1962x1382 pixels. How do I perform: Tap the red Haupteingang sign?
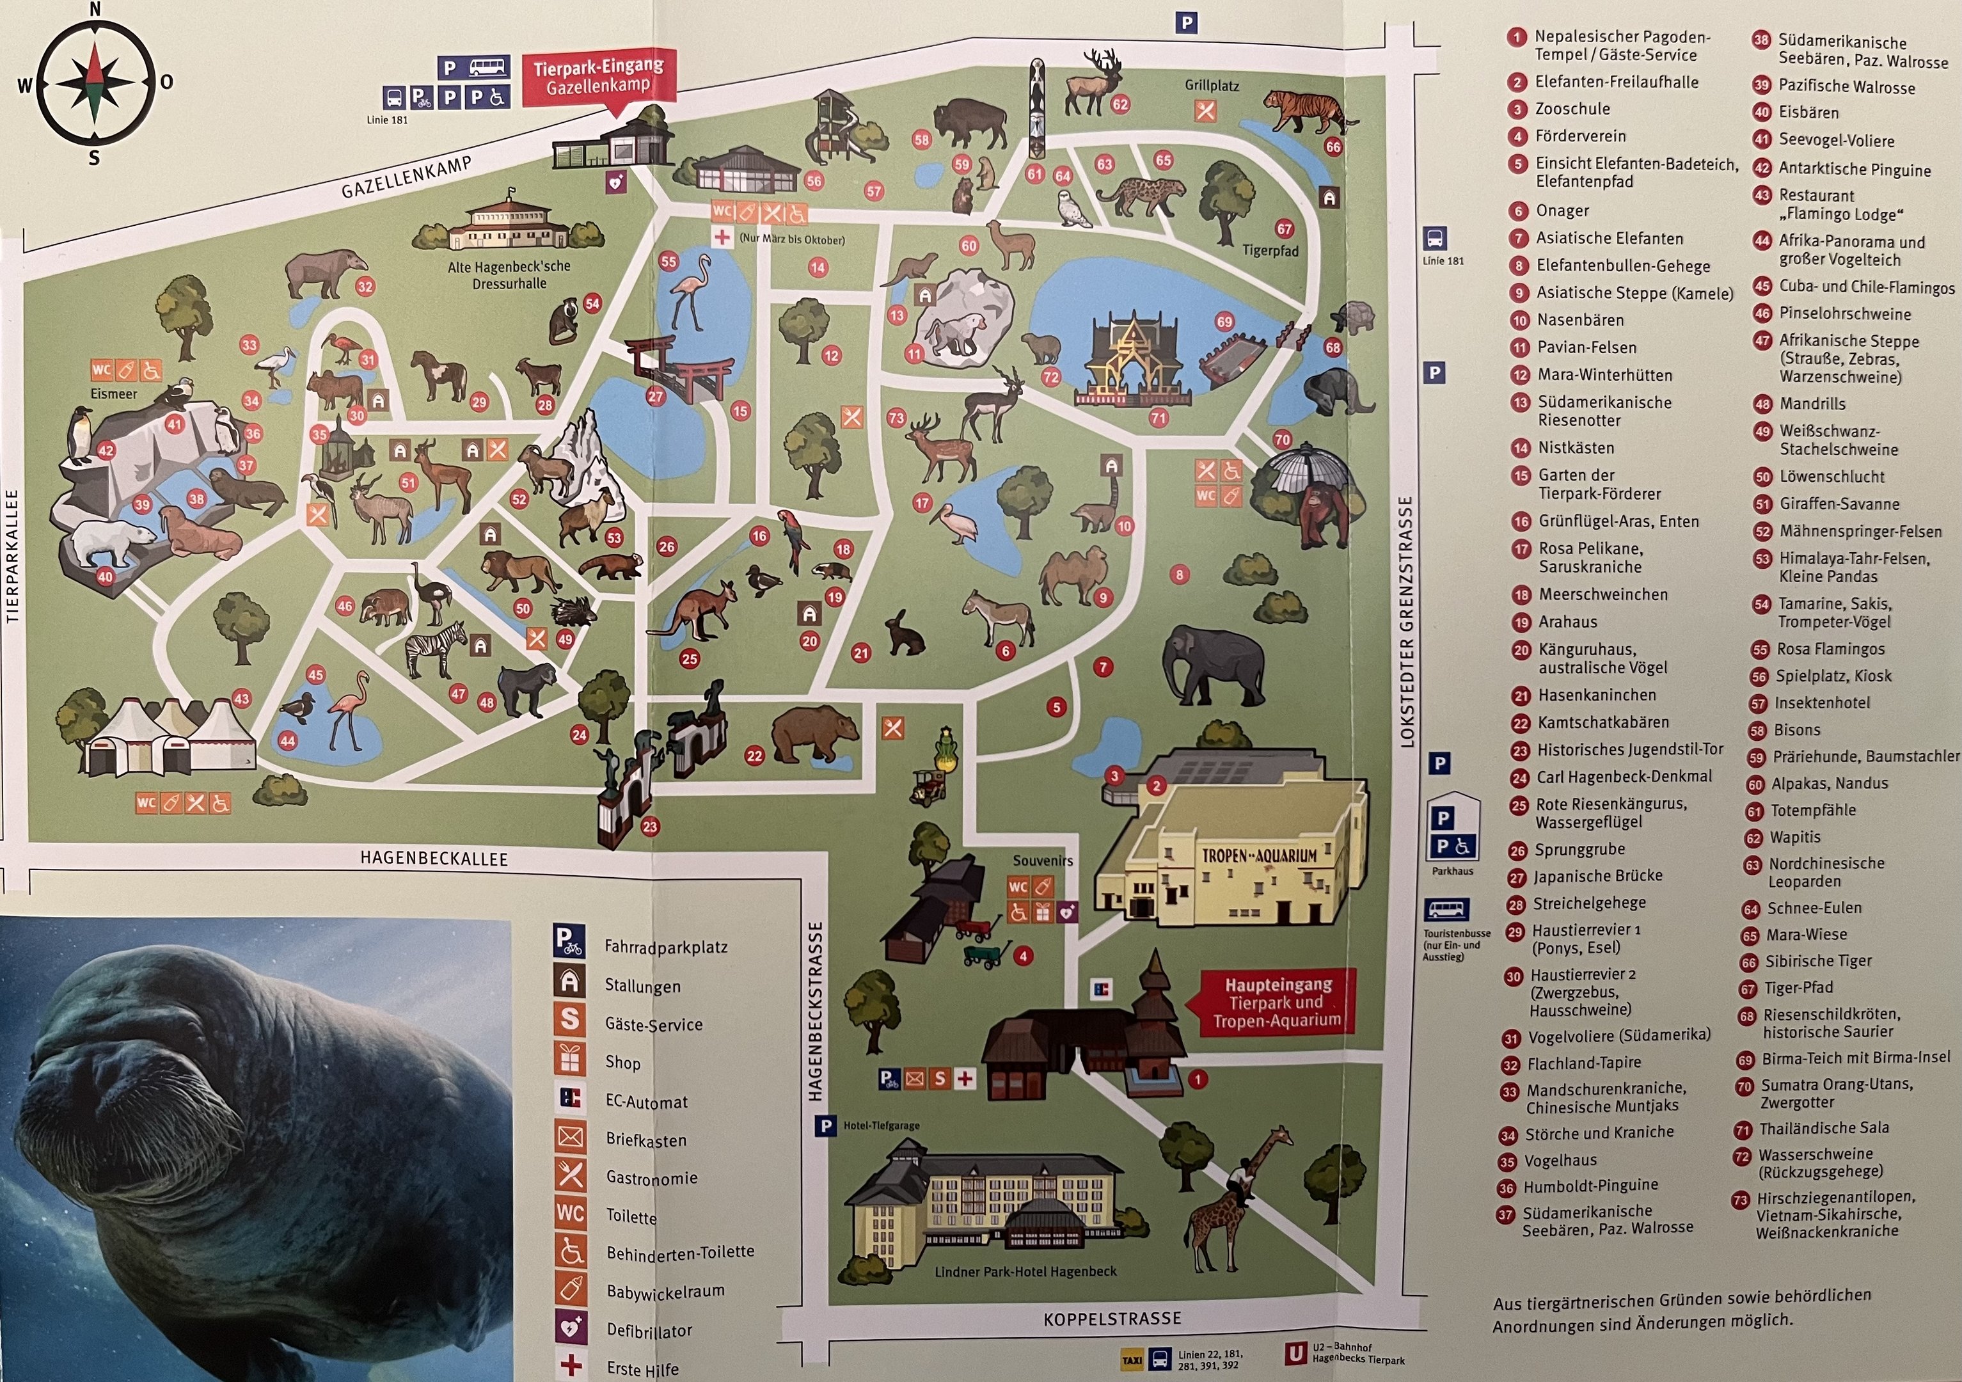[x=1278, y=1003]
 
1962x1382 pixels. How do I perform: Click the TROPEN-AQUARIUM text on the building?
[x=1259, y=855]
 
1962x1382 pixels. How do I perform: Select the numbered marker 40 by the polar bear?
[x=104, y=577]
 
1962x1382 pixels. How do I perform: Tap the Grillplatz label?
[x=1211, y=86]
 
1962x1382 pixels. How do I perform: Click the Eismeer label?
[x=114, y=394]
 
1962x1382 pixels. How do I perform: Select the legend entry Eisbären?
[x=1808, y=113]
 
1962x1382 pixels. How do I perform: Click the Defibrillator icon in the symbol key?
[x=570, y=1328]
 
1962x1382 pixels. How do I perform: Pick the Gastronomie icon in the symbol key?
[x=570, y=1175]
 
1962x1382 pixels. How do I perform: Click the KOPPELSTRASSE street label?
[x=1112, y=1319]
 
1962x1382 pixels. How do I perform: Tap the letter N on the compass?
[x=95, y=10]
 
